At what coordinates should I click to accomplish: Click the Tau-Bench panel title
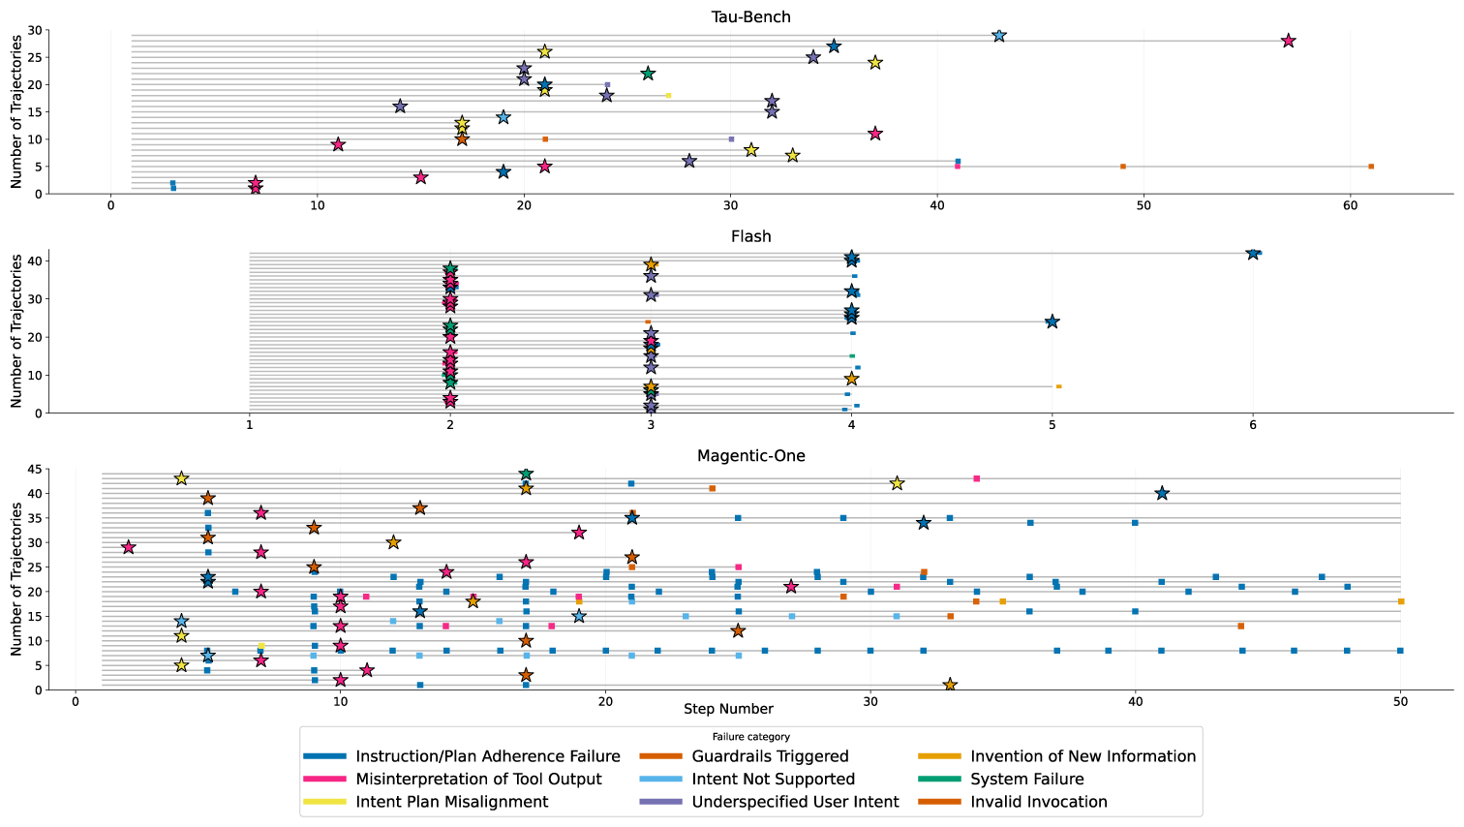[750, 16]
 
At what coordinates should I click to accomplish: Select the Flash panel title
[750, 236]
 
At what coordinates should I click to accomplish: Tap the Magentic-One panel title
[750, 455]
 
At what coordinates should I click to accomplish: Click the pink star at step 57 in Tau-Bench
[1288, 41]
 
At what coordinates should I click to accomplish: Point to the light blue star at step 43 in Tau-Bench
[999, 36]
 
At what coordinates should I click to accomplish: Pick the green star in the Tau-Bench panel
[648, 74]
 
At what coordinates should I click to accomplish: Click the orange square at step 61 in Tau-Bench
[1371, 167]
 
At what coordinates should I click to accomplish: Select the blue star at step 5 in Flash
[1052, 322]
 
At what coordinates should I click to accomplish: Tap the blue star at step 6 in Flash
[1253, 254]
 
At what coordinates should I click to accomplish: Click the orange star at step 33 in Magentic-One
[950, 685]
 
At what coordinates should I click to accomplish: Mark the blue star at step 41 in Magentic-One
[1162, 494]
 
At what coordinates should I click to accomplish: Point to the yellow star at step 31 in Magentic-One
[897, 483]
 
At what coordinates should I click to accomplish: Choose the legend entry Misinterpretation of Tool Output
[478, 779]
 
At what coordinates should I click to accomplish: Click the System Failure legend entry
[1026, 779]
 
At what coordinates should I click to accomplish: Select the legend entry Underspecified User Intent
[794, 802]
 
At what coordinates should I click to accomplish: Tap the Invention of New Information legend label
[1083, 756]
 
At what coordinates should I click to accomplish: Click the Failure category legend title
[750, 737]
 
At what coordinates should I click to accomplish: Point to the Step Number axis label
[728, 709]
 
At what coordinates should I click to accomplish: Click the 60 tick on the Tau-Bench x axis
[1350, 205]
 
